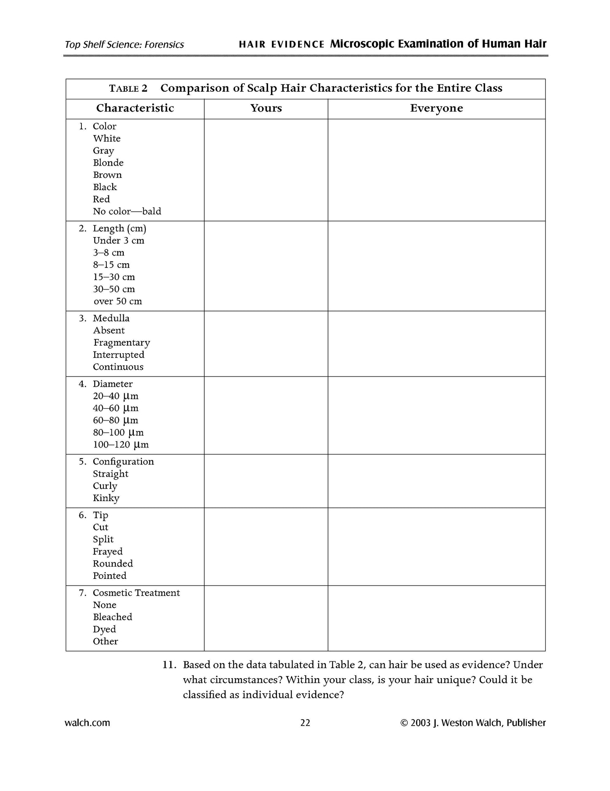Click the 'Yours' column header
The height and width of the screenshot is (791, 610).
(x=266, y=108)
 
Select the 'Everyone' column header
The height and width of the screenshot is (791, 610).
(x=436, y=108)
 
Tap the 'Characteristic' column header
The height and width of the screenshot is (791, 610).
(x=135, y=108)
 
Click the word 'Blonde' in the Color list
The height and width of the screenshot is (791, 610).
(x=108, y=163)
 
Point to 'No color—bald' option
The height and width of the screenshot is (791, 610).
(x=127, y=211)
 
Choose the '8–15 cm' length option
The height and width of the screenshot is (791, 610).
(x=111, y=265)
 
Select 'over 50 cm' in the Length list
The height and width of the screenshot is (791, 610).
(x=117, y=301)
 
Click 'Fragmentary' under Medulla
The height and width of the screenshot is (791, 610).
(x=122, y=343)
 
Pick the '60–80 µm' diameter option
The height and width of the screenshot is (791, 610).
(x=116, y=420)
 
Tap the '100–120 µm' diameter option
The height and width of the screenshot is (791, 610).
(x=121, y=445)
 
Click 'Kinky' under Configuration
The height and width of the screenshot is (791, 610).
(x=106, y=498)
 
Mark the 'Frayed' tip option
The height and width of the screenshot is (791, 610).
(x=108, y=551)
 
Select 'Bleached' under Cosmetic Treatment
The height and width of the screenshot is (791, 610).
(x=112, y=617)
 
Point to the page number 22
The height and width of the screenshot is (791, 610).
(x=305, y=723)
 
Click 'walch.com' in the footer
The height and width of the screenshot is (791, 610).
(x=87, y=723)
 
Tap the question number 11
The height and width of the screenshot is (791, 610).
(x=169, y=665)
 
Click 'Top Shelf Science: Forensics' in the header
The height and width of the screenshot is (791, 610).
(x=125, y=45)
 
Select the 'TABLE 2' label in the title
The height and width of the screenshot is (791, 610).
(x=128, y=88)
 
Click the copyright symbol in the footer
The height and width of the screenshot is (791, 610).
(x=404, y=723)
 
